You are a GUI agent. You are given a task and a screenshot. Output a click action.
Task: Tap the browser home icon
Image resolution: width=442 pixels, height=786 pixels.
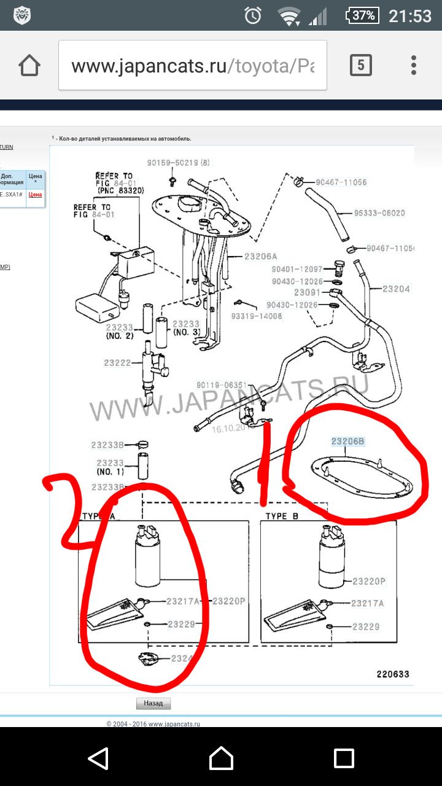click(x=30, y=65)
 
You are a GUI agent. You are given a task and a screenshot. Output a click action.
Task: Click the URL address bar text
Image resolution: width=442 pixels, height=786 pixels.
click(x=192, y=66)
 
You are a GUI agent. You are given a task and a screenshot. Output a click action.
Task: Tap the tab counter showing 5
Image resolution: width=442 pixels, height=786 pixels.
click(x=360, y=65)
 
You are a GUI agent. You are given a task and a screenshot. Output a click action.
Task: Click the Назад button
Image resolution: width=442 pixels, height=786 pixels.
click(x=153, y=704)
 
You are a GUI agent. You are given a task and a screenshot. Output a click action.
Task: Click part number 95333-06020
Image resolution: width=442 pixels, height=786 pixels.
click(x=379, y=213)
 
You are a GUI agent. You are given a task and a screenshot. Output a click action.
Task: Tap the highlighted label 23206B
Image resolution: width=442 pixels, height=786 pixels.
click(x=347, y=441)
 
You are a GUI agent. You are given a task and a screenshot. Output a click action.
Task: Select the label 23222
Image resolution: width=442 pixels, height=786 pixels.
click(x=118, y=363)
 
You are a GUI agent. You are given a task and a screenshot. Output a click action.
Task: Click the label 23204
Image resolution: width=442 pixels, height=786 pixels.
click(x=396, y=289)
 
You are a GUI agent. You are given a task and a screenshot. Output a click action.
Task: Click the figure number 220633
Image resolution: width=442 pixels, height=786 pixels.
click(x=392, y=674)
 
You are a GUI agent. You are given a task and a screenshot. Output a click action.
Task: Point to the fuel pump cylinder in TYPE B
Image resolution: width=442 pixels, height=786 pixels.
click(x=334, y=565)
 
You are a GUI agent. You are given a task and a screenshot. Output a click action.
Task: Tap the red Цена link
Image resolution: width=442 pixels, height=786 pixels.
click(x=36, y=194)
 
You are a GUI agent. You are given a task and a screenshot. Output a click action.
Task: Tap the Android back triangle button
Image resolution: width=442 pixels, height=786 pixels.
click(x=98, y=758)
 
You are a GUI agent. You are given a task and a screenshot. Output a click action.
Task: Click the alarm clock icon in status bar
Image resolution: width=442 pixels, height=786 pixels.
click(x=253, y=16)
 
